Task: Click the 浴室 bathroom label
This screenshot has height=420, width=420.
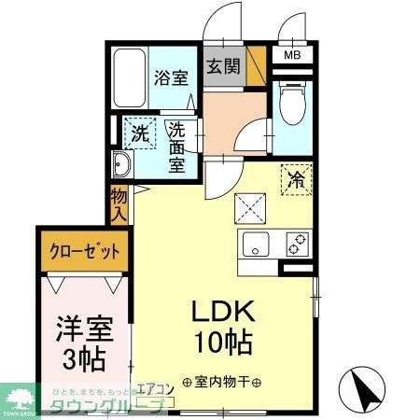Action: click(x=171, y=77)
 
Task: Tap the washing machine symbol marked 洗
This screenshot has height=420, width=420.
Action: click(x=138, y=133)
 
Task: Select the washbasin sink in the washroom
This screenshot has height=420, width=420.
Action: click(x=122, y=168)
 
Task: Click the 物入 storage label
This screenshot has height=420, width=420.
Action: click(x=119, y=203)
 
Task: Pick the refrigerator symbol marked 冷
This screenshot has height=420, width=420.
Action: click(x=297, y=178)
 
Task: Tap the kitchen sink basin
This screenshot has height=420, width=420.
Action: click(x=257, y=246)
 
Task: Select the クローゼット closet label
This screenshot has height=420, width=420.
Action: click(x=82, y=251)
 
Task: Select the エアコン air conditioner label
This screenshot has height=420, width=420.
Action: click(x=156, y=390)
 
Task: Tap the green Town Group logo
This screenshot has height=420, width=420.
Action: click(x=21, y=398)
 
